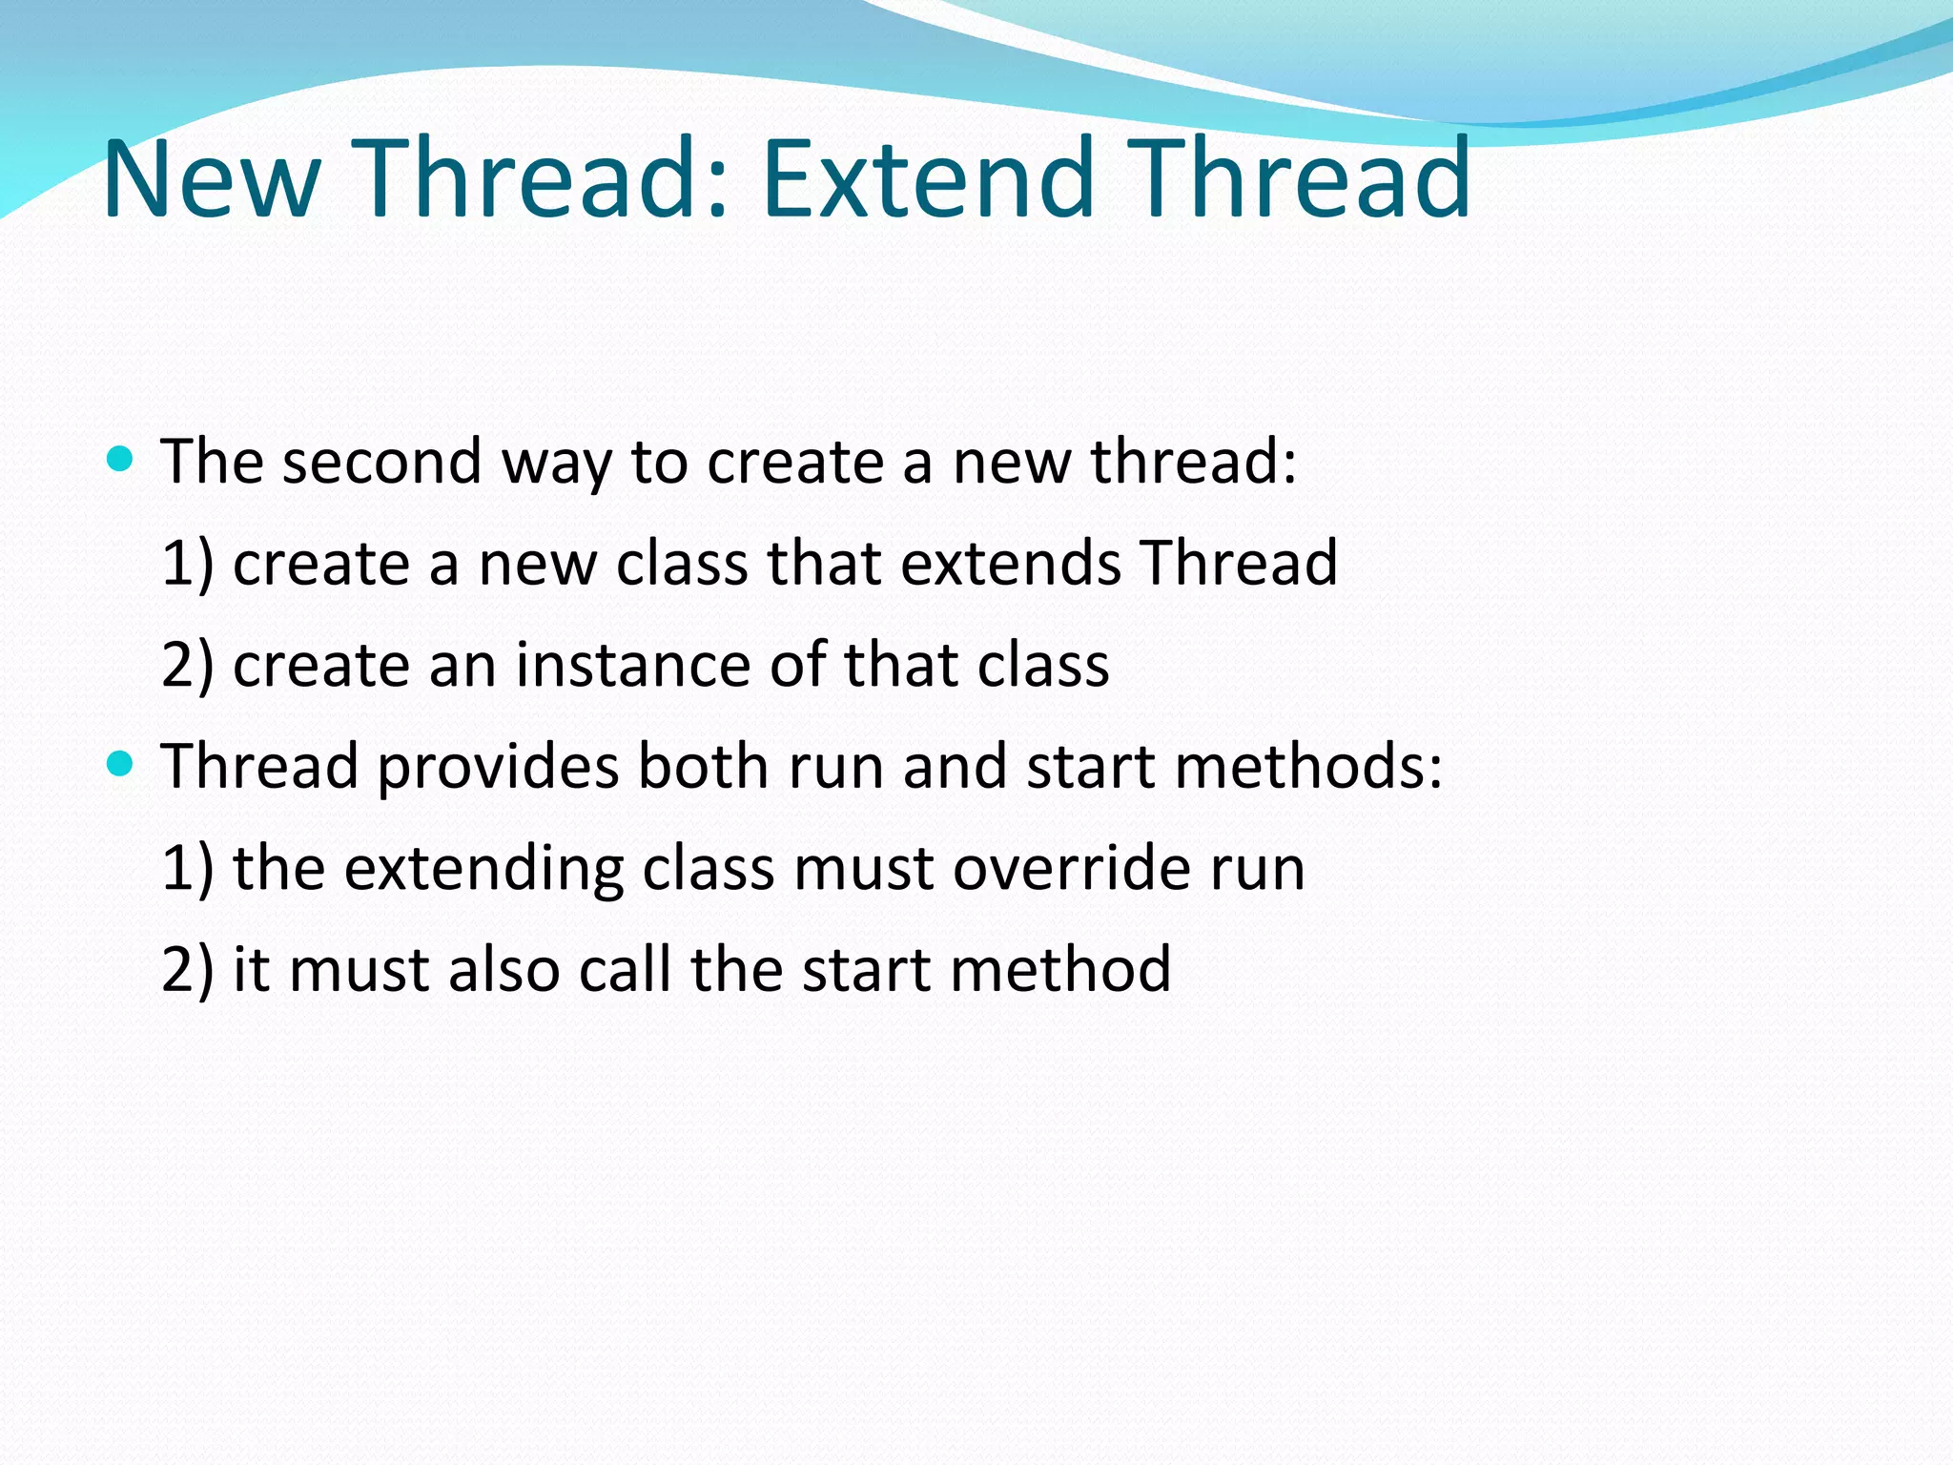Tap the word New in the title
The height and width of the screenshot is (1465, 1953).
[x=211, y=178]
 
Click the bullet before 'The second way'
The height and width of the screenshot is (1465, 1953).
[x=120, y=461]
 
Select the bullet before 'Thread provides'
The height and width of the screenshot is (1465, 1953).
[x=120, y=765]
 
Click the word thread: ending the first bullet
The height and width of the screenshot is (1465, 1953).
[x=1193, y=462]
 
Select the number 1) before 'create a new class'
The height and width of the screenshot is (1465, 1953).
[x=187, y=563]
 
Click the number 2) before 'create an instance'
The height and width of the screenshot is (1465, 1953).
[x=187, y=665]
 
